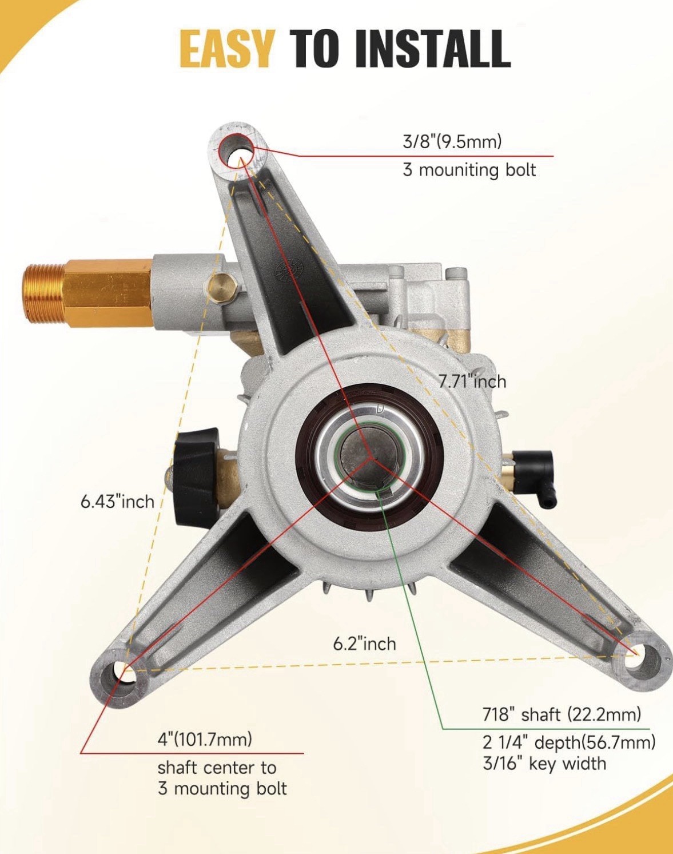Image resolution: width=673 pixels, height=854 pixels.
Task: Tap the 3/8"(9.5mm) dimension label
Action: coord(452,141)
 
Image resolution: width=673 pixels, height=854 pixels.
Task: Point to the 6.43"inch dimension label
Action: coord(117,502)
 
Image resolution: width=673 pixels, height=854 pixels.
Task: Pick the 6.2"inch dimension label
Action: coord(364,644)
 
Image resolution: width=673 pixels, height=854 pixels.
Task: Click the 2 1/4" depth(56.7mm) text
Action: coord(569,742)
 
